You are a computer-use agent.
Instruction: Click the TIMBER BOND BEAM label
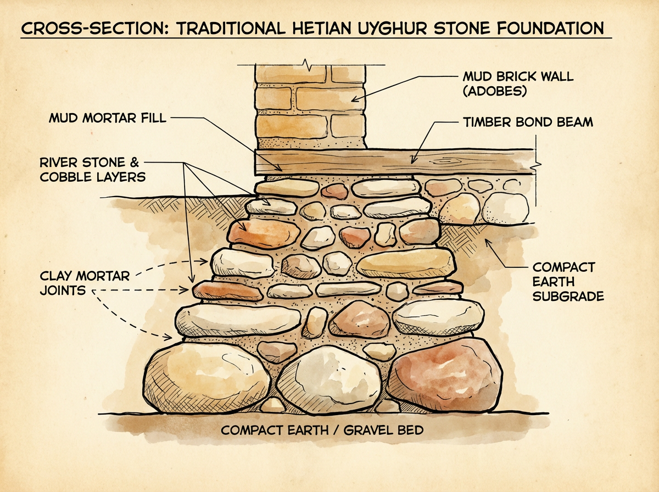(x=528, y=122)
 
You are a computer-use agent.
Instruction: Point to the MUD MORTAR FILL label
(x=108, y=118)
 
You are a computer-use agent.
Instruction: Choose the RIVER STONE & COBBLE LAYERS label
(x=92, y=170)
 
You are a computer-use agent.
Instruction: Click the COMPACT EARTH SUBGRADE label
(x=568, y=282)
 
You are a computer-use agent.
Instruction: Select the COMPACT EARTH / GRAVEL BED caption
(x=322, y=430)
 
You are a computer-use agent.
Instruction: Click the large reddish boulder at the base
(x=444, y=375)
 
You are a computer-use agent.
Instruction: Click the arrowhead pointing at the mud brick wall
(x=354, y=99)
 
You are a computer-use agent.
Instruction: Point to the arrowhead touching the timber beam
(x=412, y=160)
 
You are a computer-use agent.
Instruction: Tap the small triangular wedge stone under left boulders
(x=273, y=405)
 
